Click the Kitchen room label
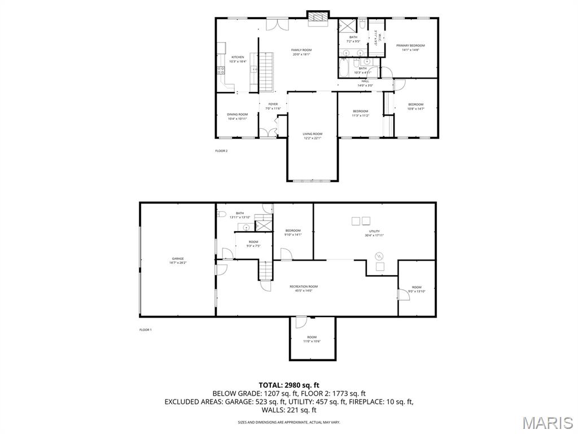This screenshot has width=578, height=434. pos(238,57)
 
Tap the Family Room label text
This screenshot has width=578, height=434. pos(301,50)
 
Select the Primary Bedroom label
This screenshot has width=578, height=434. pos(410,46)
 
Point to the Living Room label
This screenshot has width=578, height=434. pos(312,134)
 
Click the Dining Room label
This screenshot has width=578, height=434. pos(238,114)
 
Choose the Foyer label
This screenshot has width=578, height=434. pos(273,104)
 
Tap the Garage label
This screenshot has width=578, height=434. pos(178,259)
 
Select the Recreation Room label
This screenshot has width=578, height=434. pos(304,287)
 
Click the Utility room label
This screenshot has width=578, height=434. pos(374,231)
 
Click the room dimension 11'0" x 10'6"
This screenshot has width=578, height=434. pos(312,341)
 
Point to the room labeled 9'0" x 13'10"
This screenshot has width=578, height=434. pos(417,292)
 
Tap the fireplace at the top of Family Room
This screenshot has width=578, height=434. pos(317,19)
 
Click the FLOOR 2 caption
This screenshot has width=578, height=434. pos(221,151)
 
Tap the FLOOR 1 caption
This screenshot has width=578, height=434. pos(146,329)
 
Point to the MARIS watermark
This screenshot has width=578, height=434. pos(548,423)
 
